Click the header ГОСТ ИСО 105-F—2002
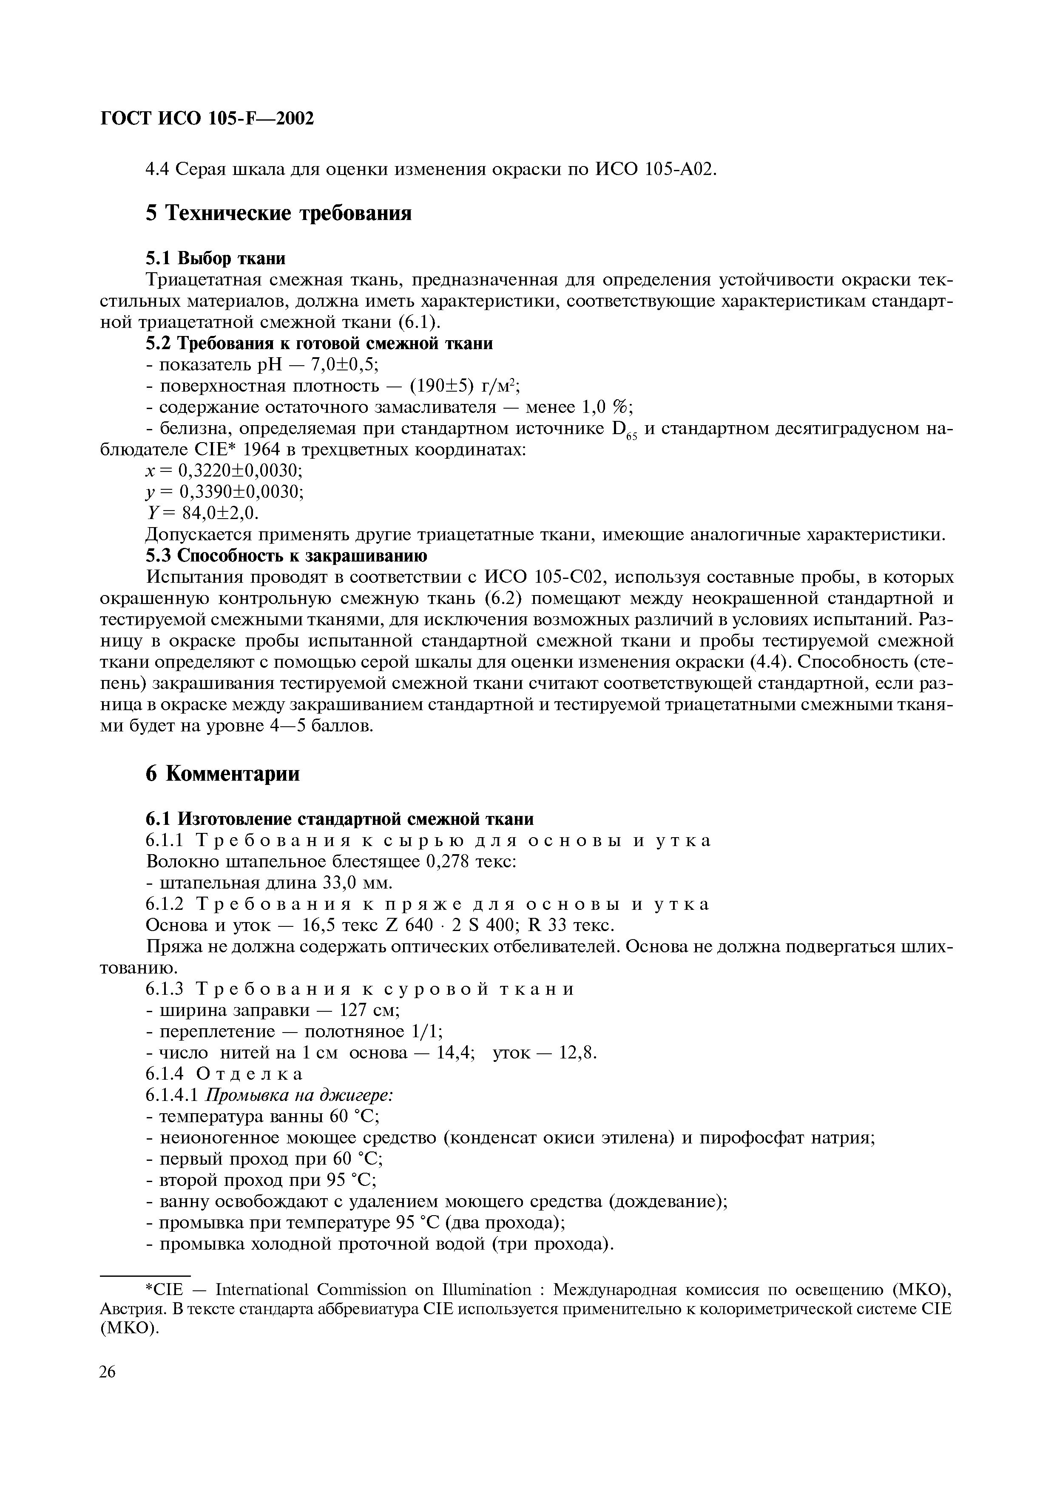click(207, 119)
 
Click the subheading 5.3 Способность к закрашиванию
click(286, 556)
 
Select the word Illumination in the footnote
click(486, 1290)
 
